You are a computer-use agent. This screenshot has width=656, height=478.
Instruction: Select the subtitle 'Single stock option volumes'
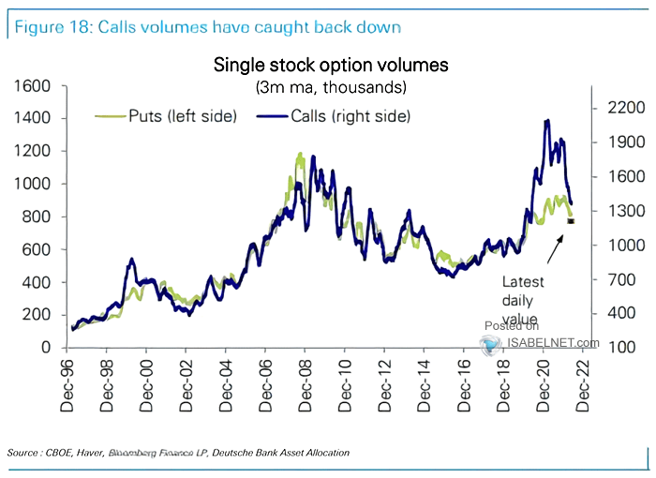click(331, 66)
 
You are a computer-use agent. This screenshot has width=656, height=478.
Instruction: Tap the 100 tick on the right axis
click(616, 348)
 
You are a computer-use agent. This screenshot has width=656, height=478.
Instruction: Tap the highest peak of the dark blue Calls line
click(546, 121)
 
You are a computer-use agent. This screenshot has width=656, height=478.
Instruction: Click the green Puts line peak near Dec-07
click(300, 154)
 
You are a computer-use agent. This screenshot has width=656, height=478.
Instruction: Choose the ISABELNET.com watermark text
click(553, 343)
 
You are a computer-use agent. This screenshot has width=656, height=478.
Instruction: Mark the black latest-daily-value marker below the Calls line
click(570, 221)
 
